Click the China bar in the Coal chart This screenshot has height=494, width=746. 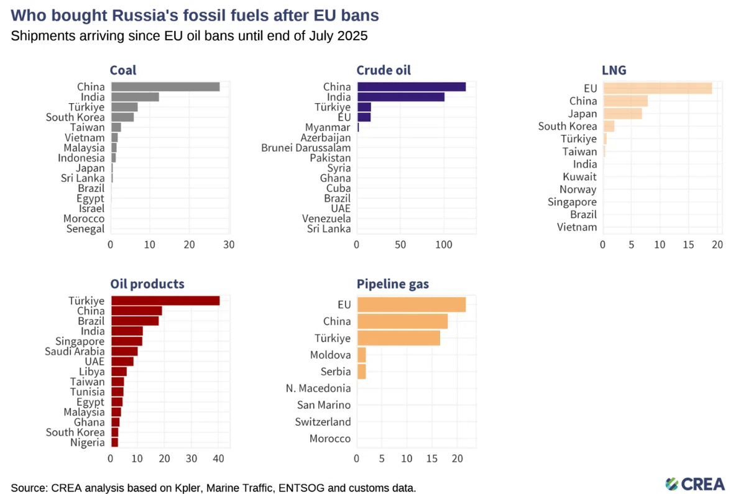[165, 87]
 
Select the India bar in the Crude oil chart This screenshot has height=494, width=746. [401, 97]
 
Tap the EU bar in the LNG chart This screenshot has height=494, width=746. [658, 88]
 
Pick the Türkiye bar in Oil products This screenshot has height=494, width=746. [165, 301]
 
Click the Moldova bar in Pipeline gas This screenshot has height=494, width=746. [362, 355]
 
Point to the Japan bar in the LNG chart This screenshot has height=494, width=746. [623, 114]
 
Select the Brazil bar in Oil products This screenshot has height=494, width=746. [135, 321]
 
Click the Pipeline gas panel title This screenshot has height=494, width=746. [393, 284]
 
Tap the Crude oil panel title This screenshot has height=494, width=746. [384, 70]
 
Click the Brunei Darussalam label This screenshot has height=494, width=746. [306, 147]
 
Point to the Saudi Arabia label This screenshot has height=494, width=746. [75, 351]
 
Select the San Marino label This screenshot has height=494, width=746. [324, 405]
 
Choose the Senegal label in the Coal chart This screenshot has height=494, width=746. [85, 229]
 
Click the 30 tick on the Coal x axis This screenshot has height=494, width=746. [229, 245]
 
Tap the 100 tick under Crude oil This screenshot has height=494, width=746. [444, 245]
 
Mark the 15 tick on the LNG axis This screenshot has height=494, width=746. [688, 245]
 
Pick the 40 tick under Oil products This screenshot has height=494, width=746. [218, 459]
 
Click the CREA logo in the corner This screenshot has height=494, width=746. [695, 484]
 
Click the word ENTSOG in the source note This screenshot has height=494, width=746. [301, 488]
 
